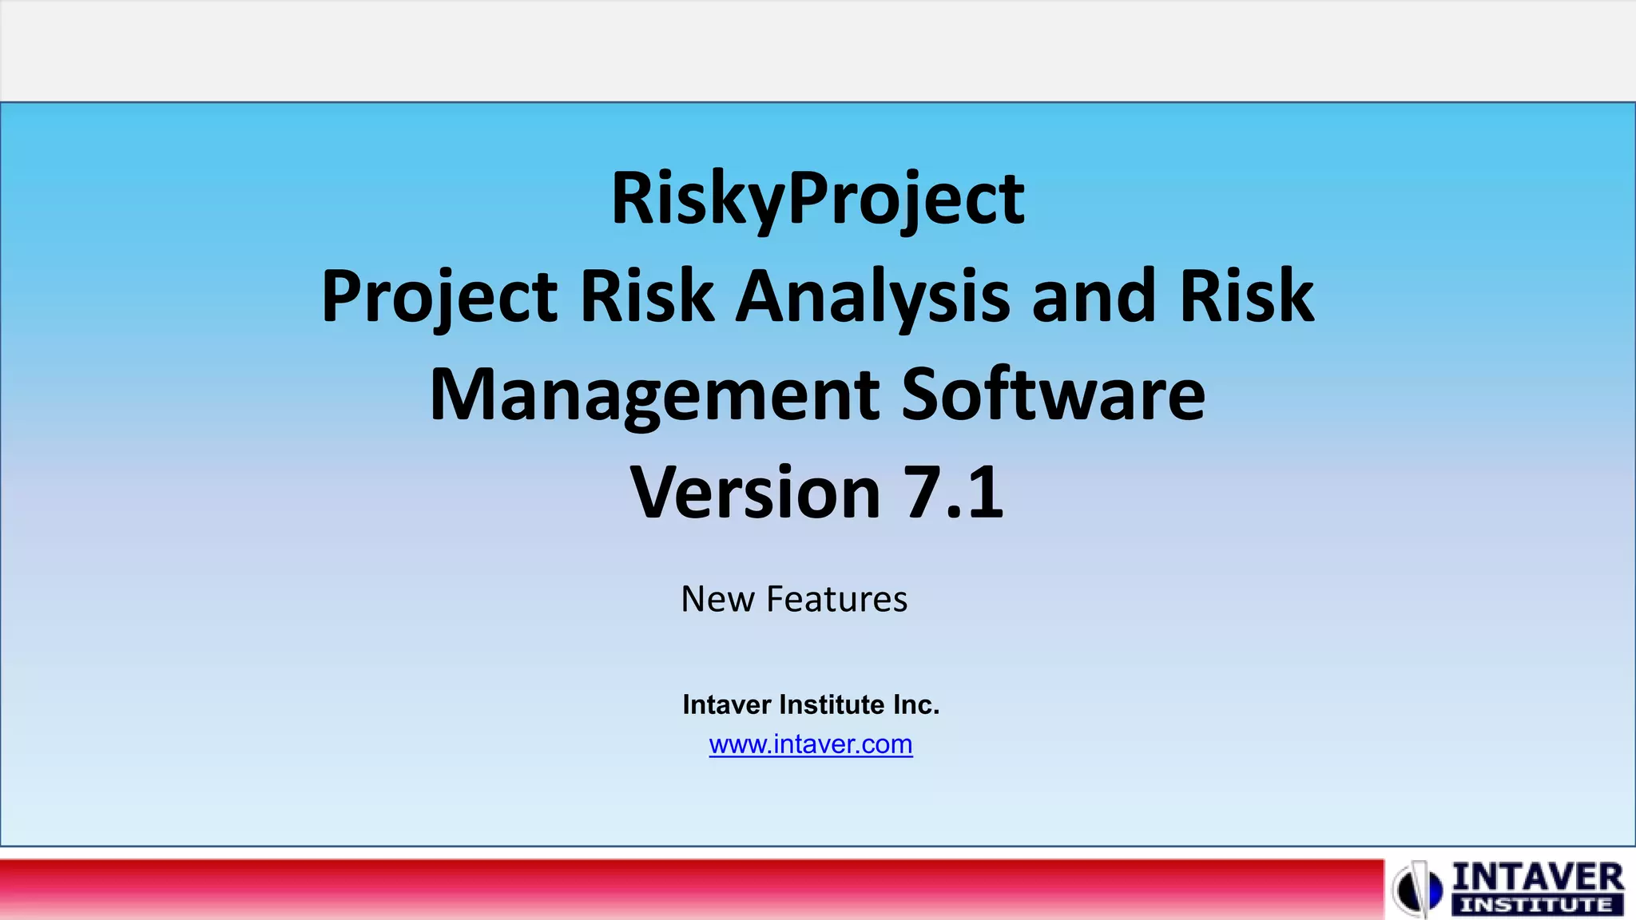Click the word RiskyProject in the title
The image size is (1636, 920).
point(817,199)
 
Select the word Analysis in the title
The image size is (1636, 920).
point(872,297)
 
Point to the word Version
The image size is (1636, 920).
point(755,493)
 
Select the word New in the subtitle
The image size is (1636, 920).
point(717,599)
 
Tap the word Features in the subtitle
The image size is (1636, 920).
point(836,599)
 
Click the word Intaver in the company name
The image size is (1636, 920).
point(726,704)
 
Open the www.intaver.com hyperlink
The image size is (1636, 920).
point(811,744)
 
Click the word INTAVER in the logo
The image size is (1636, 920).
point(1537,878)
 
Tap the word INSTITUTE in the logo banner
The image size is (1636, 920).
point(1536,906)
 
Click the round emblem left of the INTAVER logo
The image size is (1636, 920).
point(1419,888)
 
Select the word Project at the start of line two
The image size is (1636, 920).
point(439,297)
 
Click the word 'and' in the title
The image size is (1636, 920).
point(1094,297)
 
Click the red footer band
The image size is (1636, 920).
point(687,888)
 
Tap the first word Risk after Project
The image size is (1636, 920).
point(646,297)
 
